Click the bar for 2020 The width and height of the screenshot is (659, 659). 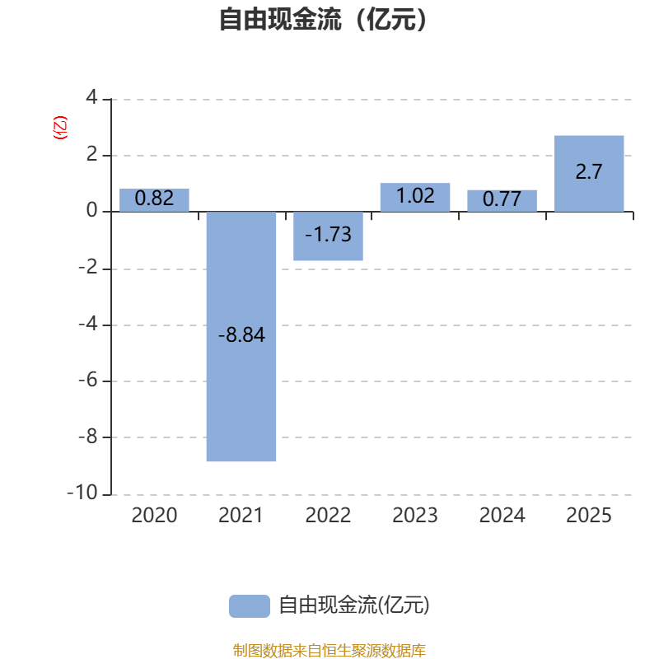coord(154,200)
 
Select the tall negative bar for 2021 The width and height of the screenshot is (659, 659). coord(241,336)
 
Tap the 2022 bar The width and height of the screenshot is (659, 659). coord(328,236)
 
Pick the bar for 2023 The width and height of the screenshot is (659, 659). coord(415,197)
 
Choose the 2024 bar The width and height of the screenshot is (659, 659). coord(502,200)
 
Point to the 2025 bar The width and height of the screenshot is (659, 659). coord(589,174)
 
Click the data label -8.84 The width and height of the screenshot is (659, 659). coord(241,335)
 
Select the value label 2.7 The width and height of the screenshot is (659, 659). coord(589,171)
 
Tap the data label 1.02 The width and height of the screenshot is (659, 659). coord(415,196)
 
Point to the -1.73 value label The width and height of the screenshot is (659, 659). coord(328,235)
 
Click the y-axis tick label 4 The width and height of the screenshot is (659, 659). coord(91,97)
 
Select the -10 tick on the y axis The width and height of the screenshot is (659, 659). coord(82,493)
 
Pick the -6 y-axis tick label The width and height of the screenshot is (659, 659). coord(88,381)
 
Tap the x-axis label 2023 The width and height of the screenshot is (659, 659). coord(415,516)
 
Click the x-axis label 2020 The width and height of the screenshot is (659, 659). coord(154,516)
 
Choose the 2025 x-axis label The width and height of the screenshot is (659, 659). coord(589,516)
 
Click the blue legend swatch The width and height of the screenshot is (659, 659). coord(250,606)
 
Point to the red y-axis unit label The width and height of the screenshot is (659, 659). coord(60,128)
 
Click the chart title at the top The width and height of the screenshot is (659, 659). coord(323,20)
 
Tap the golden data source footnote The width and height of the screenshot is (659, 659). coord(329,650)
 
